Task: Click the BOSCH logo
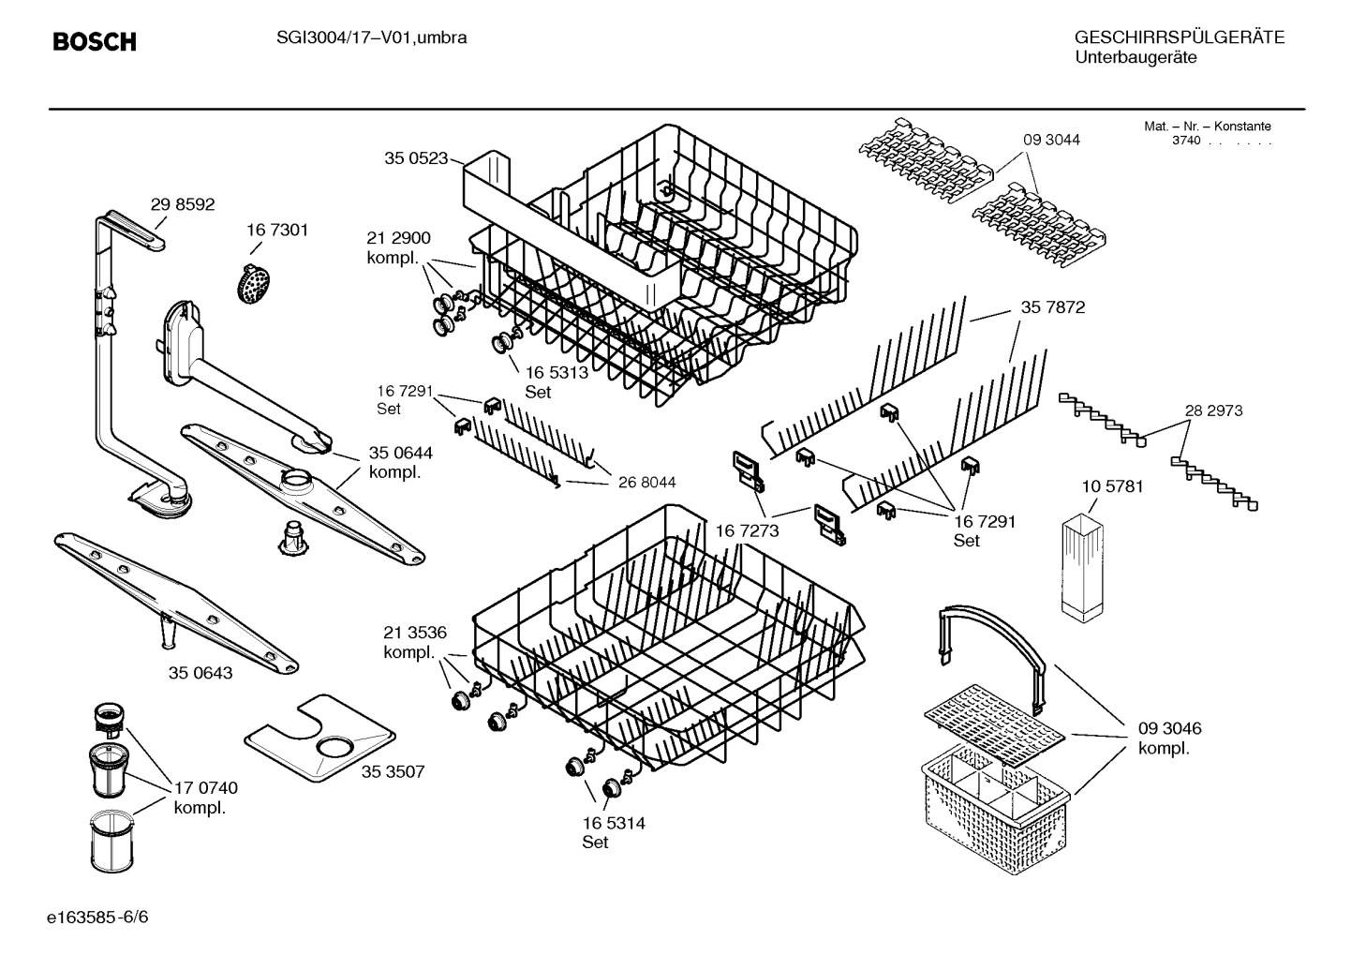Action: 94,41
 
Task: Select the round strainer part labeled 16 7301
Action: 251,281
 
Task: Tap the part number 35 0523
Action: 415,158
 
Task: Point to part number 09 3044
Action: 1051,140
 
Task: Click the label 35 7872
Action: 1053,307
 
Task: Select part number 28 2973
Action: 1213,410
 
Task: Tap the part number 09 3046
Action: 1169,728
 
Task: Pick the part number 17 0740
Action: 205,788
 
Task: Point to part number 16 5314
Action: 613,823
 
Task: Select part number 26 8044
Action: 646,482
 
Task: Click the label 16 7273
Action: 747,531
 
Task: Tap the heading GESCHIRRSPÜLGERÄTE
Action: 1179,37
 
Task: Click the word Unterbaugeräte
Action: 1136,57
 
